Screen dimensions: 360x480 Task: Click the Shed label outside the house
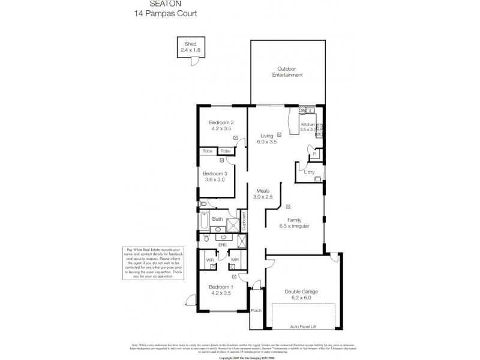coord(190,44)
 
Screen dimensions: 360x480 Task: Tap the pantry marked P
coord(314,154)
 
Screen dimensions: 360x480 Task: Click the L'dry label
coord(309,173)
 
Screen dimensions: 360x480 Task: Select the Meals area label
coord(263,190)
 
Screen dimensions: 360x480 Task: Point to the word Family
coord(294,220)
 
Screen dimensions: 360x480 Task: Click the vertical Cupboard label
coord(244,220)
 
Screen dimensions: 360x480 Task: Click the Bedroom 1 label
coord(221,287)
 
